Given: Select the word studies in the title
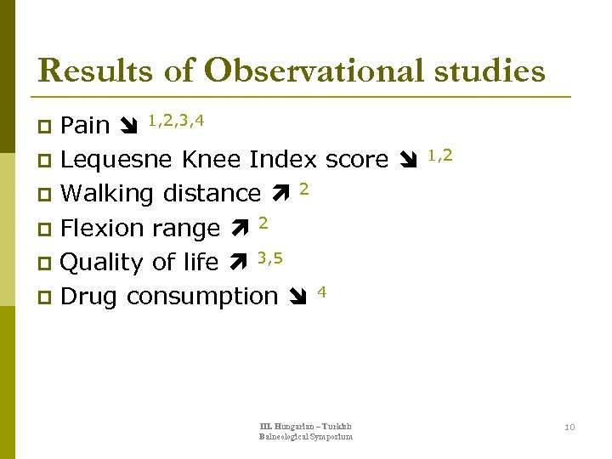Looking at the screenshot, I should (x=487, y=71).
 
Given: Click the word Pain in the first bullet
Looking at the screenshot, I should (x=86, y=126).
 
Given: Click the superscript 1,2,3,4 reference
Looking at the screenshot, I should (x=176, y=120).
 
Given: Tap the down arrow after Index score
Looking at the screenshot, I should (x=407, y=161).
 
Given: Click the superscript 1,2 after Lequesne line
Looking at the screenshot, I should (x=439, y=155).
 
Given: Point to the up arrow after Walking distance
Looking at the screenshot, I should (x=280, y=194).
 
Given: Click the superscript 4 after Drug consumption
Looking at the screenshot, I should (x=321, y=292).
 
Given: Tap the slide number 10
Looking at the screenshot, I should (x=569, y=427).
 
